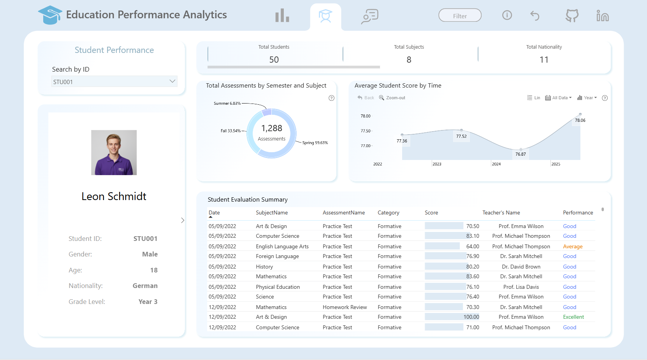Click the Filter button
(x=460, y=16)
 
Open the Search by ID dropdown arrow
(x=172, y=81)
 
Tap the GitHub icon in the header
(x=572, y=16)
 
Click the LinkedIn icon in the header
(x=603, y=16)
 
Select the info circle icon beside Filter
(x=507, y=15)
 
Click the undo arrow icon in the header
(x=535, y=16)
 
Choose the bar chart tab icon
(x=282, y=15)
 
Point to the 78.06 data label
(x=580, y=120)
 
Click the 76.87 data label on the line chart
(x=520, y=154)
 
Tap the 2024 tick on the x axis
(x=496, y=164)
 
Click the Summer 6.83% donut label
(x=227, y=104)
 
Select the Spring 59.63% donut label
(x=315, y=142)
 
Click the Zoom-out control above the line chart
(x=392, y=98)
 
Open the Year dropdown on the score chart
(x=587, y=98)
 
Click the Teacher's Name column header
(x=501, y=213)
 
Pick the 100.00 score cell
(x=471, y=317)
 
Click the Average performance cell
(x=573, y=246)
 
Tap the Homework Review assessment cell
(x=345, y=307)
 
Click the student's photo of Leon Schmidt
(x=114, y=153)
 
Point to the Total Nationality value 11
(x=544, y=60)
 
